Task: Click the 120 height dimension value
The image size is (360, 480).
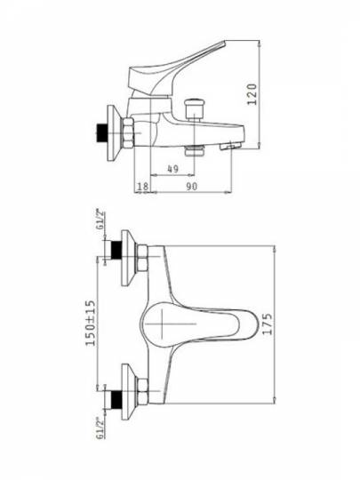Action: pyautogui.click(x=252, y=94)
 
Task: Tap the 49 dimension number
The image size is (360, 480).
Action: pyautogui.click(x=173, y=168)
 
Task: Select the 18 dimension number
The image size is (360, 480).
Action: pyautogui.click(x=142, y=186)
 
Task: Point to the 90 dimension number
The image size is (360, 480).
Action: pyautogui.click(x=192, y=186)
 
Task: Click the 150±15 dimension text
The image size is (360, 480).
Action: pyautogui.click(x=91, y=323)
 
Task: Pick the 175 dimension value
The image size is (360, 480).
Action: pyautogui.click(x=267, y=324)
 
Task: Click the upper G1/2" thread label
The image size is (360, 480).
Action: pyautogui.click(x=100, y=220)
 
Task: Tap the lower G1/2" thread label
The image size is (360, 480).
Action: pyautogui.click(x=100, y=428)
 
